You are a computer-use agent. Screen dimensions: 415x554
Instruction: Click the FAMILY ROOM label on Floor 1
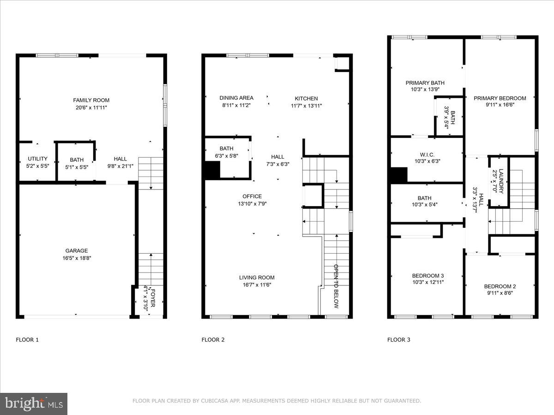[91, 100]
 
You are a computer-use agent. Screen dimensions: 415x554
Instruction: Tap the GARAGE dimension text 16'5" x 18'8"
[77, 258]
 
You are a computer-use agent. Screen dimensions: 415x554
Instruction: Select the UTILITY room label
[37, 159]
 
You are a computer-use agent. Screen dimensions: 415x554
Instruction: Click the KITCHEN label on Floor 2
[306, 98]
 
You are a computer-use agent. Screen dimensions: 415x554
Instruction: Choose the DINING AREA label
[236, 98]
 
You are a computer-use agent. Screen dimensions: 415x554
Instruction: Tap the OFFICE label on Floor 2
[252, 196]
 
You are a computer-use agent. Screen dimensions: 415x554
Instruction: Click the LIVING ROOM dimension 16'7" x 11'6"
[257, 285]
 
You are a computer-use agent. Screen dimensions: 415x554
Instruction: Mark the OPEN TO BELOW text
[336, 286]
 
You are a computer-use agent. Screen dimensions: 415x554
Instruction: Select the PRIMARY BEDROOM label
[500, 98]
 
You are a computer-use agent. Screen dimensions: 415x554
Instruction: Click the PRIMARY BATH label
[425, 83]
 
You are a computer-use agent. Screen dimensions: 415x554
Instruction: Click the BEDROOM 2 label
[500, 286]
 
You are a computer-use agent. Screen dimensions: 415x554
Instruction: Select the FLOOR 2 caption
[213, 340]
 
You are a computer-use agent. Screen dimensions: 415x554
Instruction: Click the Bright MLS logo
[34, 404]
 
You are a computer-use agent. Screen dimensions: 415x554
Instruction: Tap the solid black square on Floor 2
[212, 171]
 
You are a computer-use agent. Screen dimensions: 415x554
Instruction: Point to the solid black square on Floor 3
[399, 175]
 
